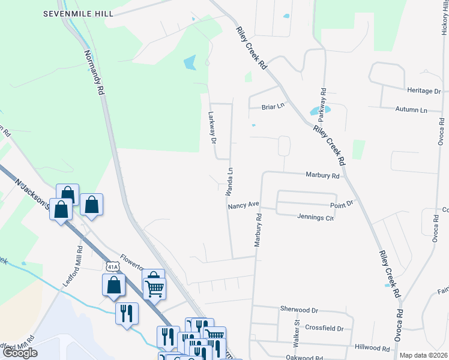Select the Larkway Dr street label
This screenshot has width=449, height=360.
[x=211, y=128]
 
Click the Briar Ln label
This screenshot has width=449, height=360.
[x=273, y=107]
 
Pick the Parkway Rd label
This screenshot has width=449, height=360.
[x=323, y=102]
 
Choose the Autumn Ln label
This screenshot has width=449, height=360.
[x=411, y=110]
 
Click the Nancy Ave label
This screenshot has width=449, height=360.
[x=243, y=205]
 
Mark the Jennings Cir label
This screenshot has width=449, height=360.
[x=315, y=218]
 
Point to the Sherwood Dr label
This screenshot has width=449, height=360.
[x=298, y=309]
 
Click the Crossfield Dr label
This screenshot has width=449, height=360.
[x=324, y=328]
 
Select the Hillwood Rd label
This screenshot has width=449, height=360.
[x=372, y=347]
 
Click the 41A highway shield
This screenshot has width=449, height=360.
[x=111, y=266]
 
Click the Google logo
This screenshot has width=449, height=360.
[x=20, y=353]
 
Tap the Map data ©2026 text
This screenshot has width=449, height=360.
[x=423, y=355]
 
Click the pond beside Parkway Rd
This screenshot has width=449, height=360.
[x=315, y=111]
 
